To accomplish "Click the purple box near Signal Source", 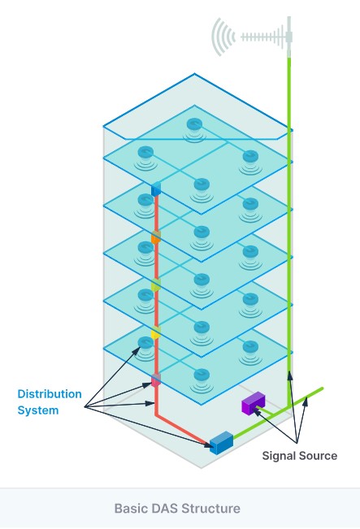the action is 253,403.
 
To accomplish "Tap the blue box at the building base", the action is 221,443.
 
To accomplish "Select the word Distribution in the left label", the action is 50,394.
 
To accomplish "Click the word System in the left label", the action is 38,410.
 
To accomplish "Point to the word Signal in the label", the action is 279,456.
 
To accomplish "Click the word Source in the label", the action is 319,456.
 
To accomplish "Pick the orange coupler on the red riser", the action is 155,237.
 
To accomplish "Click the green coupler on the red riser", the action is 155,285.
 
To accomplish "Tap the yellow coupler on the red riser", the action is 155,332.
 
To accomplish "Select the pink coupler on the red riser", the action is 155,380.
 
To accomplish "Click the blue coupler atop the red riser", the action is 156,189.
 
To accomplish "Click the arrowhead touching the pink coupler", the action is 149,385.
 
